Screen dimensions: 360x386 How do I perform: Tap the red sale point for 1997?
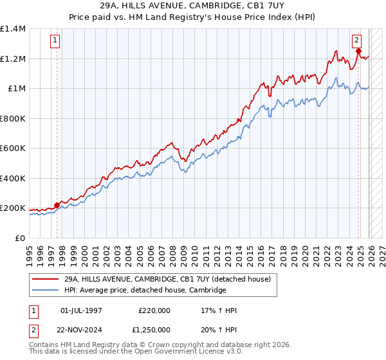coord(57,206)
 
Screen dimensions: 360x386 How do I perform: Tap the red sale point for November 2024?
coord(358,51)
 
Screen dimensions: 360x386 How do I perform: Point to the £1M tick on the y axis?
coord(15,89)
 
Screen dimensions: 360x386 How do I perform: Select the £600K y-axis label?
coord(13,148)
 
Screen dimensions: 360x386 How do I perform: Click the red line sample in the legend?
coord(46,279)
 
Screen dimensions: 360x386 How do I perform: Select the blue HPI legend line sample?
coord(46,290)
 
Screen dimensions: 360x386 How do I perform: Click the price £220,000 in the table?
coord(154,310)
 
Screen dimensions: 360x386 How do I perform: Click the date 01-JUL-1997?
coord(81,310)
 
